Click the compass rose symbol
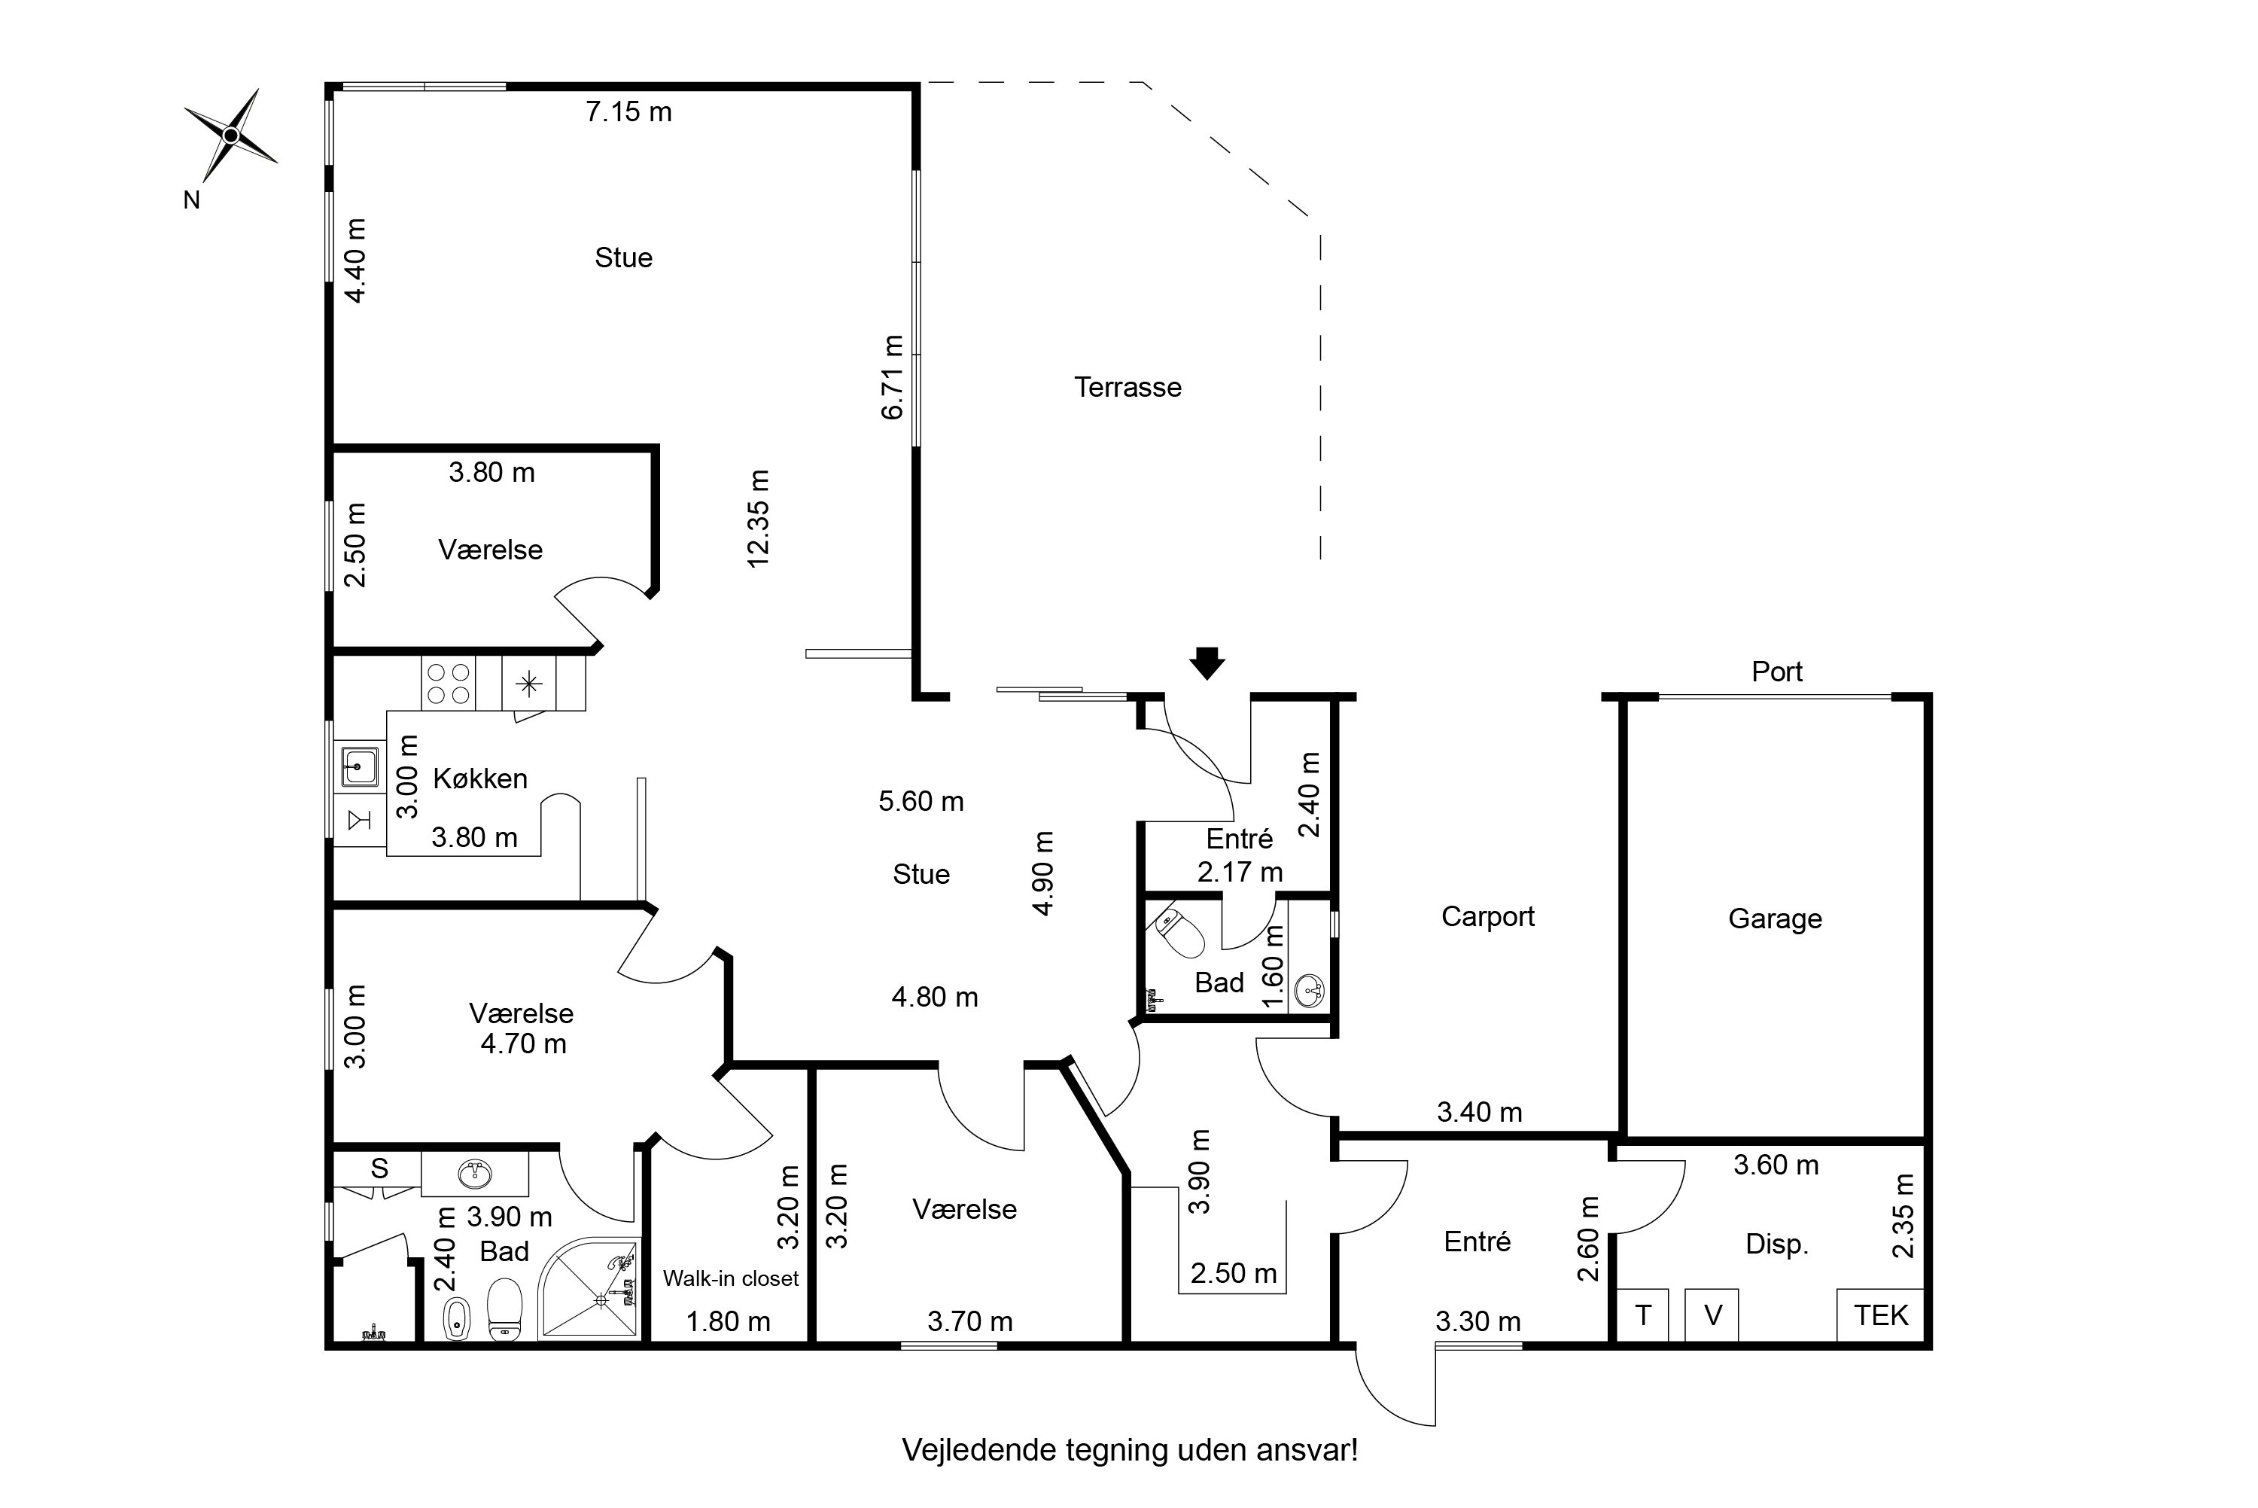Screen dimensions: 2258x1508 tap(231, 136)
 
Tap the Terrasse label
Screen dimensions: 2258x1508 tap(1127, 388)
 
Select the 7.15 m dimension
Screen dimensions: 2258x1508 tap(628, 111)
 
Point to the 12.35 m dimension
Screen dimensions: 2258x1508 tap(759, 519)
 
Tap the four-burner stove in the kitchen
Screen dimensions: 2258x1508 tap(448, 683)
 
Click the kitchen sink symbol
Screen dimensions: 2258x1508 tap(358, 766)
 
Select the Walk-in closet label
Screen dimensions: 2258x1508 tap(731, 1278)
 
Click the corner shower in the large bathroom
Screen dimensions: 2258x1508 tap(589, 1287)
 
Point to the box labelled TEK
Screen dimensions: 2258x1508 tap(1880, 1315)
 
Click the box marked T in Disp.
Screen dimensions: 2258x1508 tap(1643, 1315)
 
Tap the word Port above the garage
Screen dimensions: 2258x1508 tap(1776, 672)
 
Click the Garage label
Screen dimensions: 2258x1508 tap(1775, 919)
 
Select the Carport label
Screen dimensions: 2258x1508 tap(1487, 916)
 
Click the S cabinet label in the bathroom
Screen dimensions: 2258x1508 tap(379, 1168)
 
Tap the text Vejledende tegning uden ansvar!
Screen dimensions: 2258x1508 tap(1130, 1450)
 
